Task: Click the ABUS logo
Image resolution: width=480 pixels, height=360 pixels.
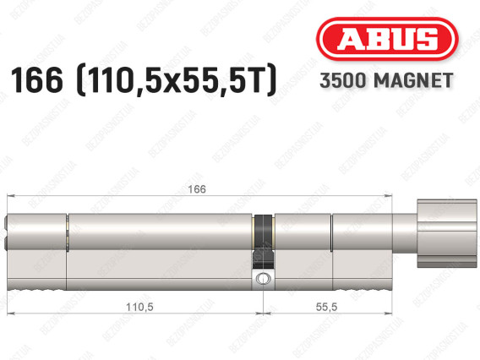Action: click(x=387, y=39)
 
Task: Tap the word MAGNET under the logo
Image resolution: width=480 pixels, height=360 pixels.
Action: click(x=413, y=80)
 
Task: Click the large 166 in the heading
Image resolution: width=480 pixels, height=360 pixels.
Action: click(x=36, y=80)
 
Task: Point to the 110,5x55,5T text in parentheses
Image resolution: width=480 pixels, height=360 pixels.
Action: click(x=177, y=80)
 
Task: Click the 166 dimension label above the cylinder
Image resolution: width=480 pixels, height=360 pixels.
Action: click(x=197, y=189)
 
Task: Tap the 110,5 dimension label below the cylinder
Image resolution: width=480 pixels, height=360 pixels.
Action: click(x=139, y=307)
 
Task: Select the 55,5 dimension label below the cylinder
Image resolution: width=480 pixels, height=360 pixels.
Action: click(x=327, y=307)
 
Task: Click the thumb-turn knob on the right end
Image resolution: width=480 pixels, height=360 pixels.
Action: click(x=447, y=233)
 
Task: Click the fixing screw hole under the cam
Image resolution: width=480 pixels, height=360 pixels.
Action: click(x=263, y=279)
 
